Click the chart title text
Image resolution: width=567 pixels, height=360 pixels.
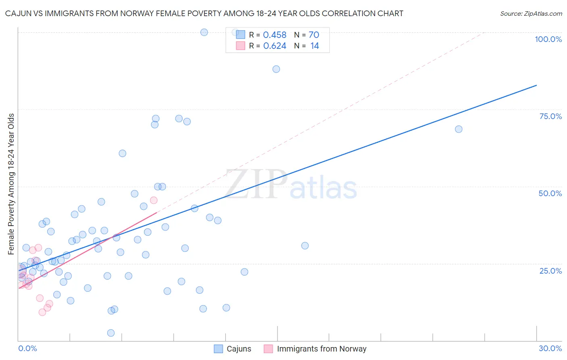[x=204, y=14]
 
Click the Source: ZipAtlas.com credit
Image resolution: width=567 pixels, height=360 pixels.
[x=531, y=14]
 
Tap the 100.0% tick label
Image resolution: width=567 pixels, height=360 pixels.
[x=548, y=39]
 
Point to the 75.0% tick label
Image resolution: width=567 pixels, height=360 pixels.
[x=550, y=116]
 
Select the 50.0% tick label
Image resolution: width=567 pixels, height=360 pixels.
[x=550, y=193]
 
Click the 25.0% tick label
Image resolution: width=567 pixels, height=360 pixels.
[x=550, y=270]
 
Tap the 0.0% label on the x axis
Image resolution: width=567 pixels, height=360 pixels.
[x=27, y=348]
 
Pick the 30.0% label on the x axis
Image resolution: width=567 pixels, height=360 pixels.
[x=550, y=348]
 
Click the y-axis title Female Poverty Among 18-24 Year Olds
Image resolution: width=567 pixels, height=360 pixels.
[x=11, y=184]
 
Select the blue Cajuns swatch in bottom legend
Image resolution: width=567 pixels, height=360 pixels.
[x=218, y=349]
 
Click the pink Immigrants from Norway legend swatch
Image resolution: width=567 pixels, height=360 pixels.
[x=269, y=349]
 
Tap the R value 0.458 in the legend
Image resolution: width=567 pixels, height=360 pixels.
[x=275, y=35]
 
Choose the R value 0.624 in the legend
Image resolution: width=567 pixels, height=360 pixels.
[x=275, y=46]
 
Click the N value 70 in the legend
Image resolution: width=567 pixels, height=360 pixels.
[x=314, y=35]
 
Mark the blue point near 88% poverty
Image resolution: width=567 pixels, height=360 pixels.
[x=276, y=69]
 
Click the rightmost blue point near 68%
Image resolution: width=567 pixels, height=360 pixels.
[x=459, y=129]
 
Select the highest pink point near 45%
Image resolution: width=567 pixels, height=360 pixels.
[x=154, y=200]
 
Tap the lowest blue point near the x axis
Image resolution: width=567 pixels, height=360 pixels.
[x=111, y=333]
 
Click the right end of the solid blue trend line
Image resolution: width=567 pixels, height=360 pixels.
[x=536, y=85]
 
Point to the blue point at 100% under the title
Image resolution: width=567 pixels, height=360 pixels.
[x=204, y=32]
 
